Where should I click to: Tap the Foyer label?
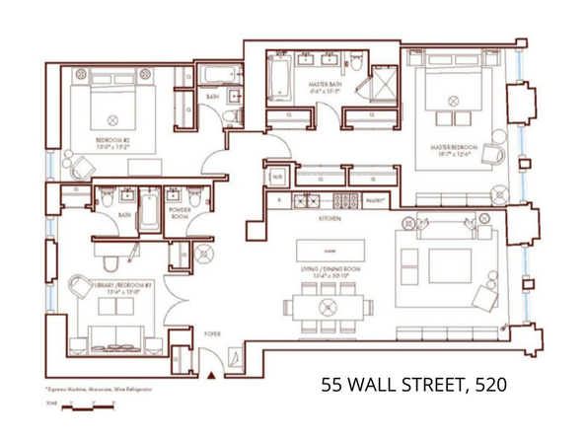point(211,334)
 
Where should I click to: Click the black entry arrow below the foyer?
point(210,375)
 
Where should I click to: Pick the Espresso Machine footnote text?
point(95,389)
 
